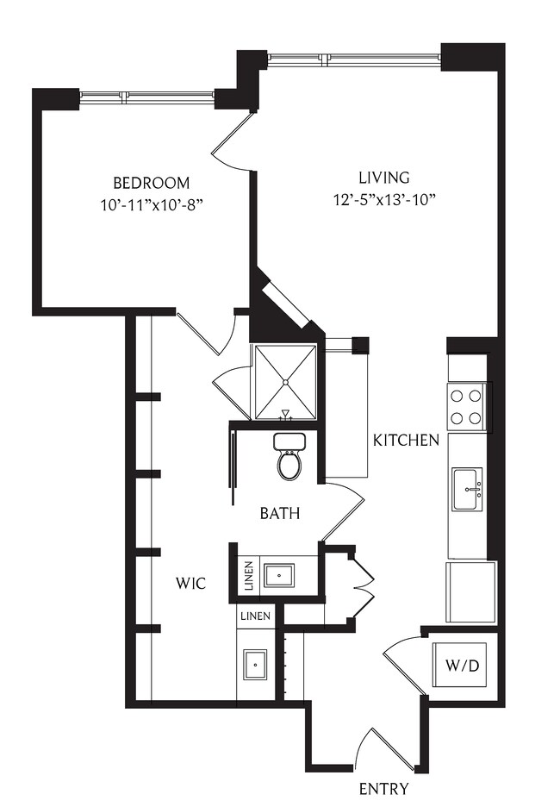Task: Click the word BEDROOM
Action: coord(152,183)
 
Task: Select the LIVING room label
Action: coord(384,178)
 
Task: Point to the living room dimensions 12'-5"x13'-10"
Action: coord(384,200)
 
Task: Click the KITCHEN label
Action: coord(407,440)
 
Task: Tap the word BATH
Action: coord(280,514)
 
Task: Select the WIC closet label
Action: coord(191,584)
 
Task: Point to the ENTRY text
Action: coord(383,788)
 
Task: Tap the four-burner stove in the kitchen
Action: coord(466,407)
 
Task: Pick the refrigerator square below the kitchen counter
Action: coord(470,591)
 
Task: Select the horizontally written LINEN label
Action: coord(256,616)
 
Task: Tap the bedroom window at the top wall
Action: coord(146,96)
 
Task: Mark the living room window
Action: coord(354,58)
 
